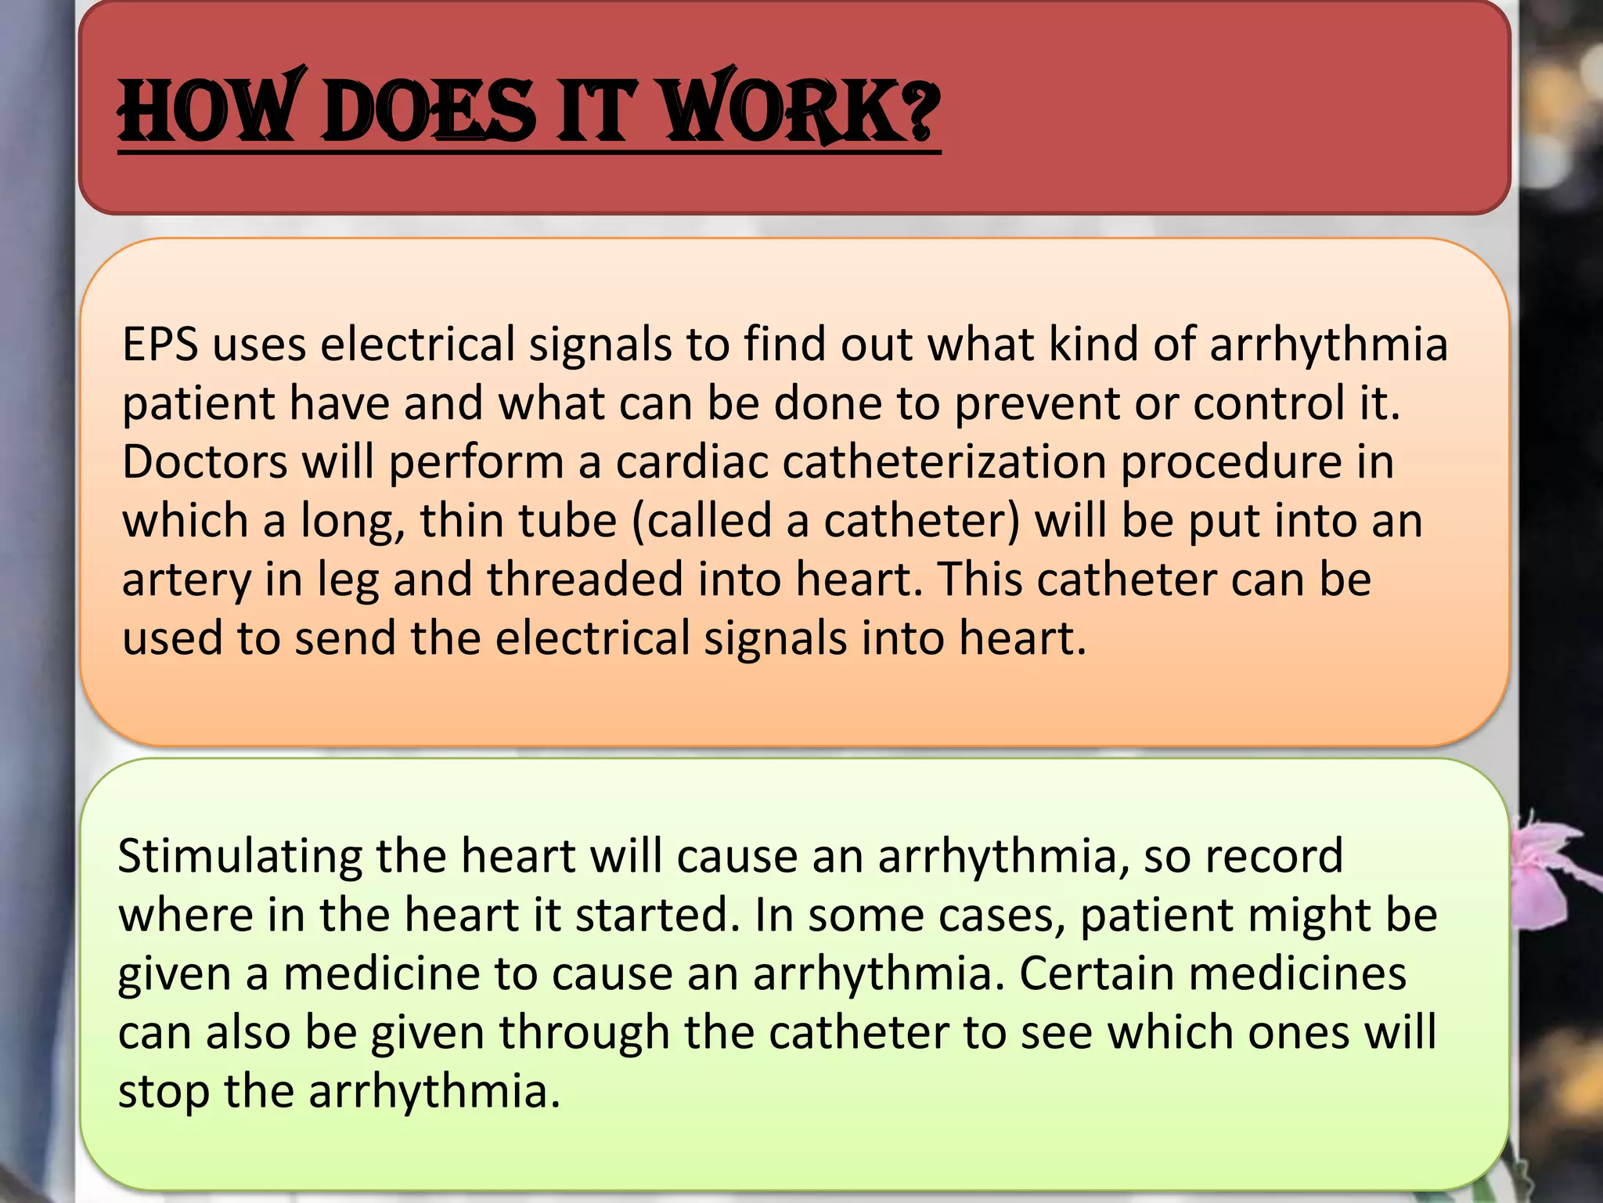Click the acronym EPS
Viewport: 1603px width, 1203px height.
pyautogui.click(x=160, y=345)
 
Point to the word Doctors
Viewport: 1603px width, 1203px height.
pyautogui.click(x=205, y=462)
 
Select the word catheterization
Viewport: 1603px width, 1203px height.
pyautogui.click(x=944, y=462)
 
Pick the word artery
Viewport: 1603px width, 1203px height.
pyautogui.click(x=186, y=581)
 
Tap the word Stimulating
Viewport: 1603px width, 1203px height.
pyautogui.click(x=240, y=857)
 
